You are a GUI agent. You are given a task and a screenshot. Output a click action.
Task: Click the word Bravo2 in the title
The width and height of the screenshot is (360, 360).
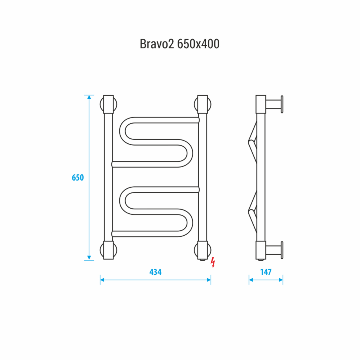[157, 44]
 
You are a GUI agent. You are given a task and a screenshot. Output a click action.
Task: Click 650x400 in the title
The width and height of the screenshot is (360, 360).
[198, 44]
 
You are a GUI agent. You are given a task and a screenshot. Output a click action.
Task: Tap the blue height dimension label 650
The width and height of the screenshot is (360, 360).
[78, 178]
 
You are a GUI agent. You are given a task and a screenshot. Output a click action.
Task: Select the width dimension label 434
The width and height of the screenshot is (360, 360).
[155, 272]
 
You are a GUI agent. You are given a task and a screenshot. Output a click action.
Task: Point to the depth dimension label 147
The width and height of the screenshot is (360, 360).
[266, 272]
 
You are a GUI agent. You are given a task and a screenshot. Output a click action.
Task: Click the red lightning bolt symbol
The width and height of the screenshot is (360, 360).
[213, 262]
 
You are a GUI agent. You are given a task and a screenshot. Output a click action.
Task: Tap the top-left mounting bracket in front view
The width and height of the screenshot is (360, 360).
[108, 104]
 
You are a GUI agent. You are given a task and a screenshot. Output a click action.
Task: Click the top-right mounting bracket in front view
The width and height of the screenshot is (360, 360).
[203, 104]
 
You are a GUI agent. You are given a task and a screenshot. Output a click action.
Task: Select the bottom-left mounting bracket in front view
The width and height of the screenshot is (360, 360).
[108, 250]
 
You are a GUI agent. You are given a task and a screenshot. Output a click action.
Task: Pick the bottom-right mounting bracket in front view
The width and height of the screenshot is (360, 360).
[203, 250]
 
